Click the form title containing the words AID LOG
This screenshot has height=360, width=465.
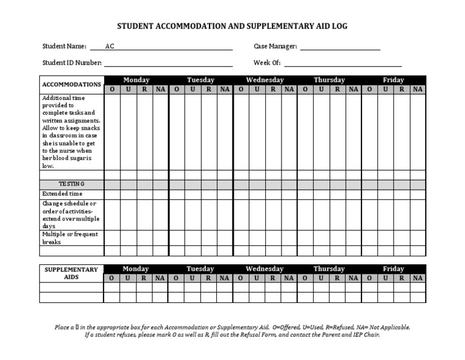(232, 27)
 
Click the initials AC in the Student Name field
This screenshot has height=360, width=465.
(110, 47)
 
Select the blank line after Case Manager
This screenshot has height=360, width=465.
(340, 47)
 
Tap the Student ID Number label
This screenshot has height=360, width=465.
(72, 62)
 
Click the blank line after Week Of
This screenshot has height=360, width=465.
(343, 63)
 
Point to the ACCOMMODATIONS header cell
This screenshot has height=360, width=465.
(71, 84)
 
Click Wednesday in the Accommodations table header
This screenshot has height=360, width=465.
(265, 80)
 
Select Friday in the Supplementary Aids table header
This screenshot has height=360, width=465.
(394, 269)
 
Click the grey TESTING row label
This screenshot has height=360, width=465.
(71, 184)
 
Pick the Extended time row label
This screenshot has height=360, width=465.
(62, 194)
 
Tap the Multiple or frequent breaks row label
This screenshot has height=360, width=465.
(70, 238)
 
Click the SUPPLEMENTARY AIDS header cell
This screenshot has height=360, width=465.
(71, 273)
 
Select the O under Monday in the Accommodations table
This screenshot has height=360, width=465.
(112, 89)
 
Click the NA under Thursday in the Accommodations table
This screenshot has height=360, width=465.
(354, 89)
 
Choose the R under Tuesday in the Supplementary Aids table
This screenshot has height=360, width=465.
(208, 278)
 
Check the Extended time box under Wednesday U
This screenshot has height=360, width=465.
(257, 194)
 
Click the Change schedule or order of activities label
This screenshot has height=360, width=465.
(70, 215)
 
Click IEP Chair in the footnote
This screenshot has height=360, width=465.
(364, 335)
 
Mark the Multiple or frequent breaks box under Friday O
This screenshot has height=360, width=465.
(369, 238)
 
